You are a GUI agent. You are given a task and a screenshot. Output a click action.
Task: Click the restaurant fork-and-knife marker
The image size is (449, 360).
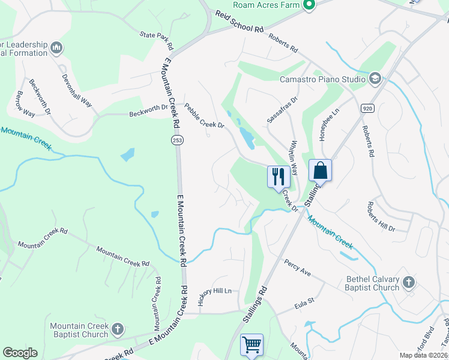(x=277, y=176)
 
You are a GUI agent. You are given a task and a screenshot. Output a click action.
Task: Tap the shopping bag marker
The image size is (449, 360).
(x=320, y=170)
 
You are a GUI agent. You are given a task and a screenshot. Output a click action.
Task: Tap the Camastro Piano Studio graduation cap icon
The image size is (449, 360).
(x=375, y=79)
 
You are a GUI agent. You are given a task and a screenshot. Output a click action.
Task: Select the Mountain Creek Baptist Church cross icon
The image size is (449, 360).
(x=118, y=329)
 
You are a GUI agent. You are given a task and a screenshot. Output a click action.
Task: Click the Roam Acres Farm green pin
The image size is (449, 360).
(x=309, y=6)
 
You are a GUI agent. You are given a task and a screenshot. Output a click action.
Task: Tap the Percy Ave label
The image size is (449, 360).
(x=298, y=268)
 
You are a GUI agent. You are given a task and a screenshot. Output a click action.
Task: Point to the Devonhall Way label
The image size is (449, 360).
(x=77, y=90)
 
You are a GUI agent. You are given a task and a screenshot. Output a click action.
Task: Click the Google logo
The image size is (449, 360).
(x=20, y=353)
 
